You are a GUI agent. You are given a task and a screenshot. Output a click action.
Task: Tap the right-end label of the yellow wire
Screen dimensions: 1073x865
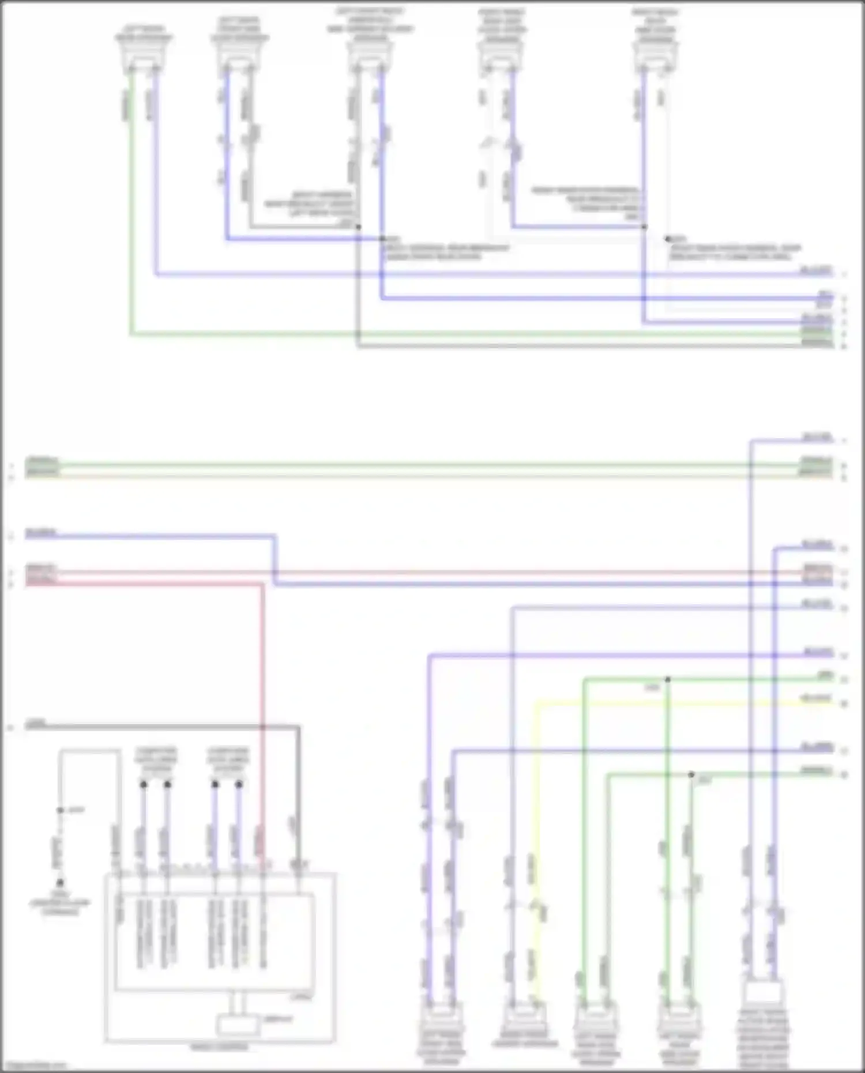817,699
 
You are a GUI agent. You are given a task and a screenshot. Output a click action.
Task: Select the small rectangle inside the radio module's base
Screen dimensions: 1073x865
237,1025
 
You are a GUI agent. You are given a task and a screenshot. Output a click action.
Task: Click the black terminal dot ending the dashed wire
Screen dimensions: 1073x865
60,883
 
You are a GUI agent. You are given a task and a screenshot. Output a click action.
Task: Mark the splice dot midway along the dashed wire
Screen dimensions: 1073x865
60,810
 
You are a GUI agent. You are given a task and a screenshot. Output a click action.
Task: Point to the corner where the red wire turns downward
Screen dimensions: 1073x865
262,585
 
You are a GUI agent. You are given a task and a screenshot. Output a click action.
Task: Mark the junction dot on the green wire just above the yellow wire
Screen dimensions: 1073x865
668,680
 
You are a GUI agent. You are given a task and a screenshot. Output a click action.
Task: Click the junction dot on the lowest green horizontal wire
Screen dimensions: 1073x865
691,774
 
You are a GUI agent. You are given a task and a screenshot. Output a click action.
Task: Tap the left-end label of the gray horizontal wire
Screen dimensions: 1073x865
36,723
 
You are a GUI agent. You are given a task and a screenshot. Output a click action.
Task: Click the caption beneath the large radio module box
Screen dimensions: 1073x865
219,1047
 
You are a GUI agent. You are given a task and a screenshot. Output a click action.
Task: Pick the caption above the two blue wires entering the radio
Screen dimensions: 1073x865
228,760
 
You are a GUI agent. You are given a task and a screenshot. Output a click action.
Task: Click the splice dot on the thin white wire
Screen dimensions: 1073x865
668,238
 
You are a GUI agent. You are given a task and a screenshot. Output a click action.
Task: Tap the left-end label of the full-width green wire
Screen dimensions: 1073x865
42,461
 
